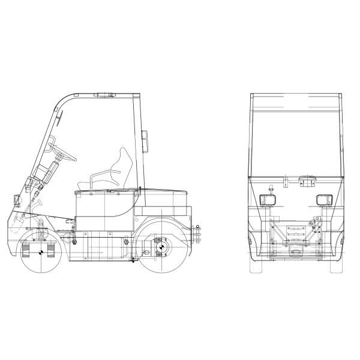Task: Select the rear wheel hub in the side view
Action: (x=161, y=245)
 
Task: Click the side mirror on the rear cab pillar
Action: (x=144, y=142)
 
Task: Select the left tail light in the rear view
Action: (x=266, y=200)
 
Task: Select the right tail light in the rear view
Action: (x=324, y=200)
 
